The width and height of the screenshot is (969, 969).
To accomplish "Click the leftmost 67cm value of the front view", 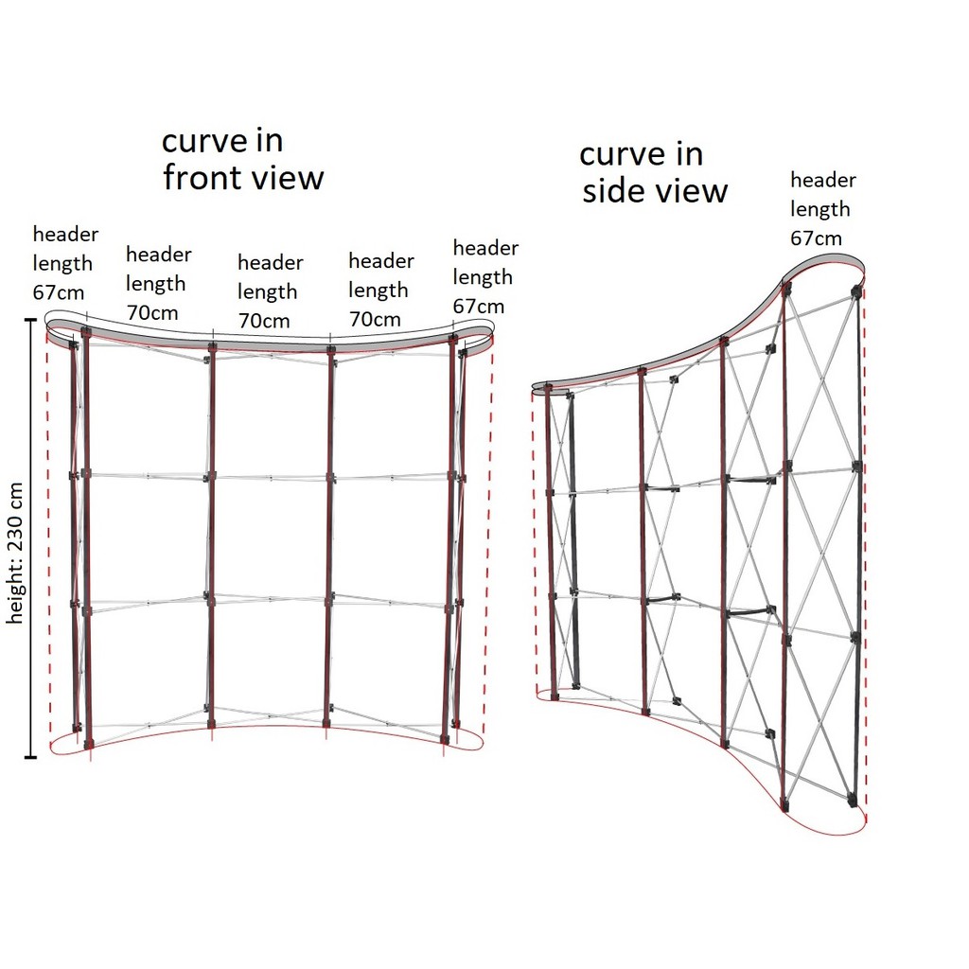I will [58, 292].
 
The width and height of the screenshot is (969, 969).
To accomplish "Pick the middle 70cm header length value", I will [261, 321].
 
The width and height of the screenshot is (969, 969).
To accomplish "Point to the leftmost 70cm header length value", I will [151, 312].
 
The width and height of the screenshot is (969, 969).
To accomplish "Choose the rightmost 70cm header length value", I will [375, 319].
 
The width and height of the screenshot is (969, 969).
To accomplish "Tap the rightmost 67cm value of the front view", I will [478, 307].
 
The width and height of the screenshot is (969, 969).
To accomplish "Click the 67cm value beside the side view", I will [816, 238].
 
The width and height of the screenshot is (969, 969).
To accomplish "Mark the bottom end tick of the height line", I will [31, 757].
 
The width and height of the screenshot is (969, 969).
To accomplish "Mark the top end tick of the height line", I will [31, 320].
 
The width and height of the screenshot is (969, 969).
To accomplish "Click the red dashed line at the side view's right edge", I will [865, 549].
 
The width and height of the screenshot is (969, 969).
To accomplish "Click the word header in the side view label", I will [823, 180].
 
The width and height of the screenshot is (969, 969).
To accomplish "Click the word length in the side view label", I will [820, 209].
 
